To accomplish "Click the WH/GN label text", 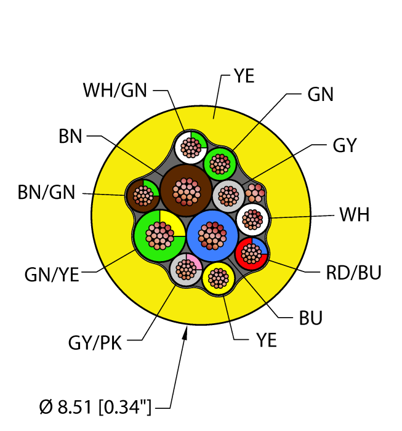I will click(115, 90).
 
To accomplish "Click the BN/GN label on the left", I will click(46, 193).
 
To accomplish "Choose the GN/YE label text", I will click(52, 275).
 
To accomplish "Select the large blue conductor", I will click(212, 235).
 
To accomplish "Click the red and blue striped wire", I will click(252, 252).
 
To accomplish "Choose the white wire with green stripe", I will click(190, 147).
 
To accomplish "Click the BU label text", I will click(311, 318).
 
